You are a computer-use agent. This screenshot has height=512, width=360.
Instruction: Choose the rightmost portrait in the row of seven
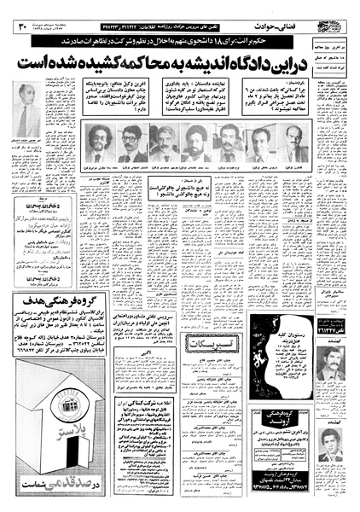tap(293, 143)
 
